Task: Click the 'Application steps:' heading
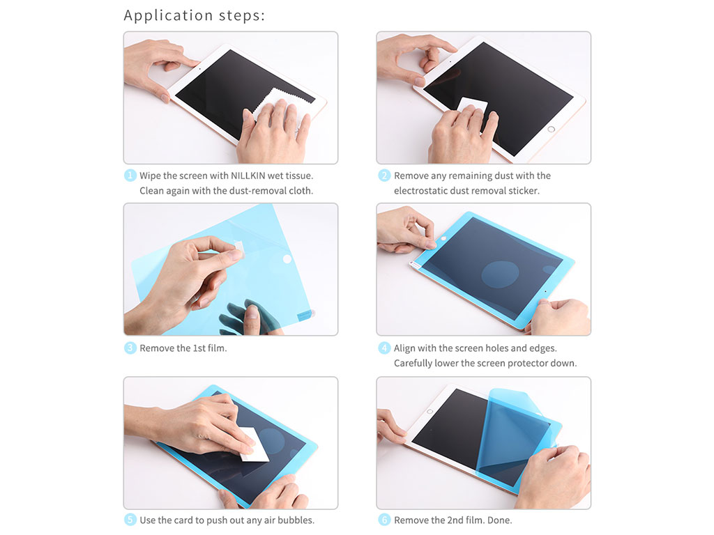tap(194, 16)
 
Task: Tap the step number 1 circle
tap(130, 175)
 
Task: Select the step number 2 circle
tap(384, 175)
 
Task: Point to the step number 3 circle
tap(130, 348)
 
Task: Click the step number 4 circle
tap(384, 348)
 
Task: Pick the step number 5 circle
tap(130, 520)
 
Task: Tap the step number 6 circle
tap(384, 520)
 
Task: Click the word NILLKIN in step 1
tap(248, 176)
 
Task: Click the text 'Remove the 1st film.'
tap(183, 348)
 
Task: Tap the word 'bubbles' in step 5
tap(297, 520)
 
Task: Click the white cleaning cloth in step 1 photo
tap(273, 106)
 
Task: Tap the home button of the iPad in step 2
tap(551, 129)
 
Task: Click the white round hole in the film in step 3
tap(287, 259)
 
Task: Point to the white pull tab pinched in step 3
tap(238, 248)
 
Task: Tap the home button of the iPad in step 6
tap(430, 412)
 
